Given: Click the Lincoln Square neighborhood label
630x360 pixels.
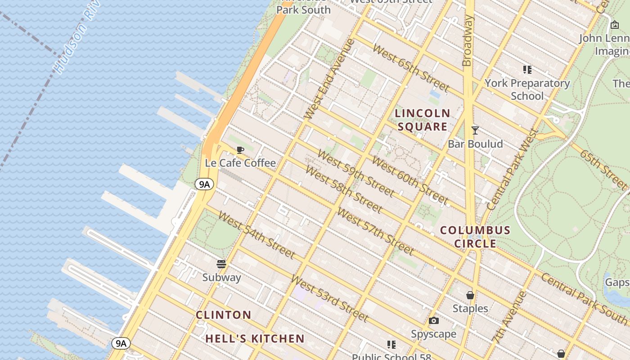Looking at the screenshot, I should (423, 120).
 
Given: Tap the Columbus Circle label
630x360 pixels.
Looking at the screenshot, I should (475, 237).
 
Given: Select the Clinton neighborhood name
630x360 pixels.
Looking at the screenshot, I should (224, 315).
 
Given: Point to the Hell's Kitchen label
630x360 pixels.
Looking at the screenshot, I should (255, 339).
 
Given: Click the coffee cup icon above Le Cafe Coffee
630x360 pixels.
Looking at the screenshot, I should (240, 150).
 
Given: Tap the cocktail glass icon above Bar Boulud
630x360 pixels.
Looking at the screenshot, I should (475, 130).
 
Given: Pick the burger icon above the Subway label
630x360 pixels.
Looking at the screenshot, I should (221, 264).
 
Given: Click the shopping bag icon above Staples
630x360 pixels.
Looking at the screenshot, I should (470, 295).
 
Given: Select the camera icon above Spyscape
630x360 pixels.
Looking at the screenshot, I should (434, 320).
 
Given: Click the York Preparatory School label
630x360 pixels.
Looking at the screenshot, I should (527, 90).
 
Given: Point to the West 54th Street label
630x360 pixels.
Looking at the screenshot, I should (256, 234).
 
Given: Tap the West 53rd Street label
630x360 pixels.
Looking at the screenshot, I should (329, 298).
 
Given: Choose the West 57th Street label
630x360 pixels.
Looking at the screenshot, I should (375, 231).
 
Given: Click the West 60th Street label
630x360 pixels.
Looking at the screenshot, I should (410, 180).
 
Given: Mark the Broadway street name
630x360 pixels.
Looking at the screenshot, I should (468, 40).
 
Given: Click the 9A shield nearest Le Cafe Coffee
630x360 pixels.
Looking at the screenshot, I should (204, 184).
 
